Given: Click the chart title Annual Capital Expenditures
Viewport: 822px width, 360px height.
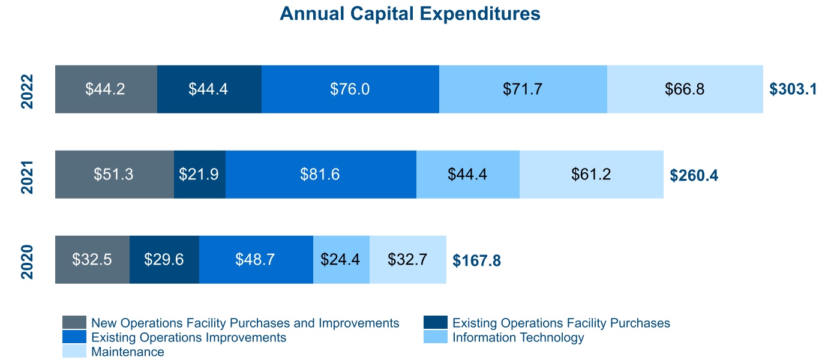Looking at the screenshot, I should pyautogui.click(x=410, y=14).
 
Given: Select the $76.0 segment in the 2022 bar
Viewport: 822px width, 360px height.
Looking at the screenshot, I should pyautogui.click(x=350, y=89).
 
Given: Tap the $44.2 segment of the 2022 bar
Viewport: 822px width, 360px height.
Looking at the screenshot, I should pyautogui.click(x=106, y=89).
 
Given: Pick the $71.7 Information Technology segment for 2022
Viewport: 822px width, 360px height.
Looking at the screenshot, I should pyautogui.click(x=523, y=89).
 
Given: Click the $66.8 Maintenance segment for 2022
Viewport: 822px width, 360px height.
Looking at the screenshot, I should pyautogui.click(x=685, y=89).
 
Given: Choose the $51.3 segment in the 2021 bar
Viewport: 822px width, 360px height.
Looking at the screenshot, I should pyautogui.click(x=114, y=174).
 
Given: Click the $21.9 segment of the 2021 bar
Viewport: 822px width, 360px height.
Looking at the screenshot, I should pyautogui.click(x=199, y=174).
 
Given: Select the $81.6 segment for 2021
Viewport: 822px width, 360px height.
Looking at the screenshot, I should pyautogui.click(x=320, y=174).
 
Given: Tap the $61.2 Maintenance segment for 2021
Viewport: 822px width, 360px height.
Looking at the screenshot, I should pyautogui.click(x=591, y=174).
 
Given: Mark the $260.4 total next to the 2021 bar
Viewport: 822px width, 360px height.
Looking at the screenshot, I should pyautogui.click(x=694, y=175).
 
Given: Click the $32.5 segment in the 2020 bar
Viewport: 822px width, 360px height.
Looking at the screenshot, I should pyautogui.click(x=92, y=259).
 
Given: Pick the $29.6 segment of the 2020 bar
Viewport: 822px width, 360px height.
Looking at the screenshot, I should pyautogui.click(x=164, y=259).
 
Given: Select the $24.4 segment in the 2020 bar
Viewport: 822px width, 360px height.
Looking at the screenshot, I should pyautogui.click(x=341, y=259).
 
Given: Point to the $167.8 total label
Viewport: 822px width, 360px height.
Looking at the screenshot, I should pyautogui.click(x=476, y=261).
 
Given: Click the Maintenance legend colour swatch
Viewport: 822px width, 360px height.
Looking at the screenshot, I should pyautogui.click(x=74, y=352).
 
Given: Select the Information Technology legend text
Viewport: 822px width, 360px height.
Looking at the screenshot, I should pyautogui.click(x=518, y=337).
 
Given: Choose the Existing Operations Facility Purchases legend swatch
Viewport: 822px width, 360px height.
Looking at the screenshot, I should pyautogui.click(x=435, y=323).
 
